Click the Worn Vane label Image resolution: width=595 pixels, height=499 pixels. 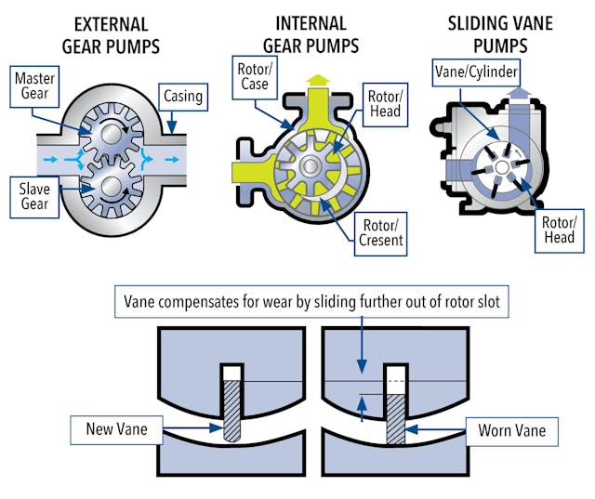click(x=504, y=431)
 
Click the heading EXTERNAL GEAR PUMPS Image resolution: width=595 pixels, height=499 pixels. click(x=99, y=32)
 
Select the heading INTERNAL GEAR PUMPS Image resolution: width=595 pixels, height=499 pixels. click(x=310, y=32)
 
